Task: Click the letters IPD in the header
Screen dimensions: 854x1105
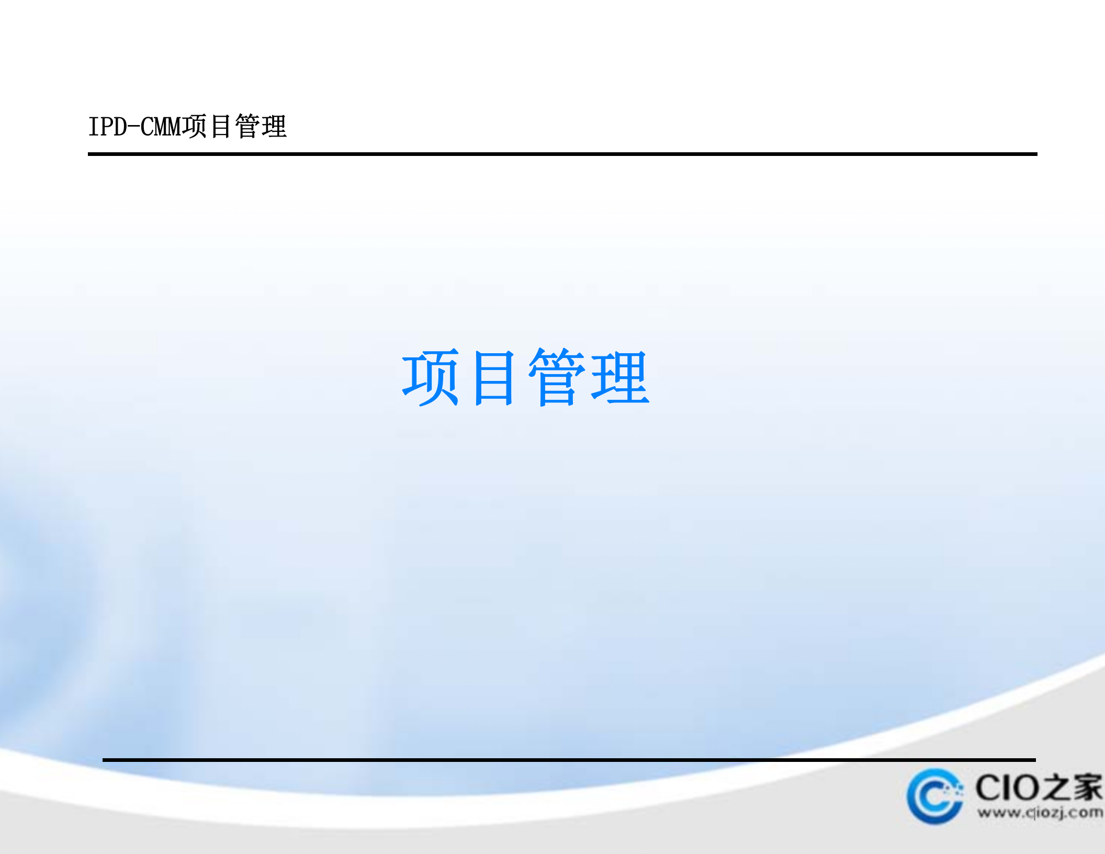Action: pyautogui.click(x=108, y=127)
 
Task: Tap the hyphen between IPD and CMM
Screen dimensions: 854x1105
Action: pyautogui.click(x=134, y=127)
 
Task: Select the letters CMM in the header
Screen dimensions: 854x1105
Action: pyautogui.click(x=161, y=127)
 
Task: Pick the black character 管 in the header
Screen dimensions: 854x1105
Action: pyautogui.click(x=247, y=127)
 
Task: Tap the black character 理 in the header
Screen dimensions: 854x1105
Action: pyautogui.click(x=274, y=127)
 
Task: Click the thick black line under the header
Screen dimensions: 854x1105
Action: pyautogui.click(x=562, y=154)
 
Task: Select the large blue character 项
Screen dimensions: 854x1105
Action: pyautogui.click(x=431, y=377)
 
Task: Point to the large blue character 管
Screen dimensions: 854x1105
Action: pyautogui.click(x=557, y=377)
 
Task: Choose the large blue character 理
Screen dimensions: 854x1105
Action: pyautogui.click(x=620, y=377)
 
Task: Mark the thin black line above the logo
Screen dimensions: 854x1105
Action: pyautogui.click(x=569, y=759)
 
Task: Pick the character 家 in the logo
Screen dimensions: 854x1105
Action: pyautogui.click(x=1087, y=788)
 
